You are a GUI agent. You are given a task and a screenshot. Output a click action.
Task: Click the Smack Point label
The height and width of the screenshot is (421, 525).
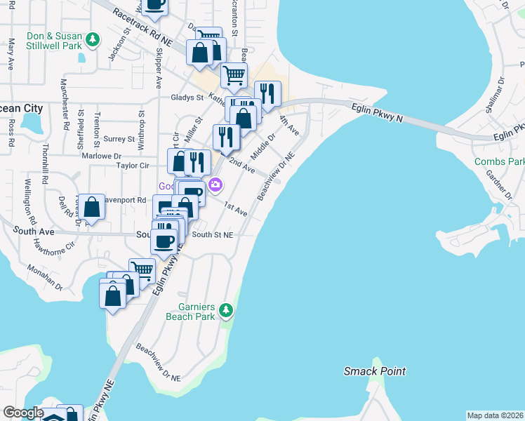coord(375,371)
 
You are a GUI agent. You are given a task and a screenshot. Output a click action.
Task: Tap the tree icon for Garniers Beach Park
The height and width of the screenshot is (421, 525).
coord(225,309)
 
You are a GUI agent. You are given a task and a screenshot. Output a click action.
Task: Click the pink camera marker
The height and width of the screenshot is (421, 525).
coord(215,185)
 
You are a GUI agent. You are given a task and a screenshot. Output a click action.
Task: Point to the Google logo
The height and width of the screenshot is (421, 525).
coord(23,412)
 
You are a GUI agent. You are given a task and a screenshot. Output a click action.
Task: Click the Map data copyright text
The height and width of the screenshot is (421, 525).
coord(495,415)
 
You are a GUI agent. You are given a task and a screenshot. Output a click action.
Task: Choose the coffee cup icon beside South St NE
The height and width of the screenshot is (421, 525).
coord(165,241)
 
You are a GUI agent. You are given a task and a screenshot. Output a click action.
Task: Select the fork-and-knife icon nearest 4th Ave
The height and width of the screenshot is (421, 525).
coord(267,93)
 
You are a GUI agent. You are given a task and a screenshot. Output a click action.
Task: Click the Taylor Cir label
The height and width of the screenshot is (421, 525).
coord(133,166)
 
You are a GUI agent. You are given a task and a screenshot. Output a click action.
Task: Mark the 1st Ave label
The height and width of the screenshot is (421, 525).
coord(235,209)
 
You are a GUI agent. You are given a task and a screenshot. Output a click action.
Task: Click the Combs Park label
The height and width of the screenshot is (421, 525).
coord(499,162)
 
